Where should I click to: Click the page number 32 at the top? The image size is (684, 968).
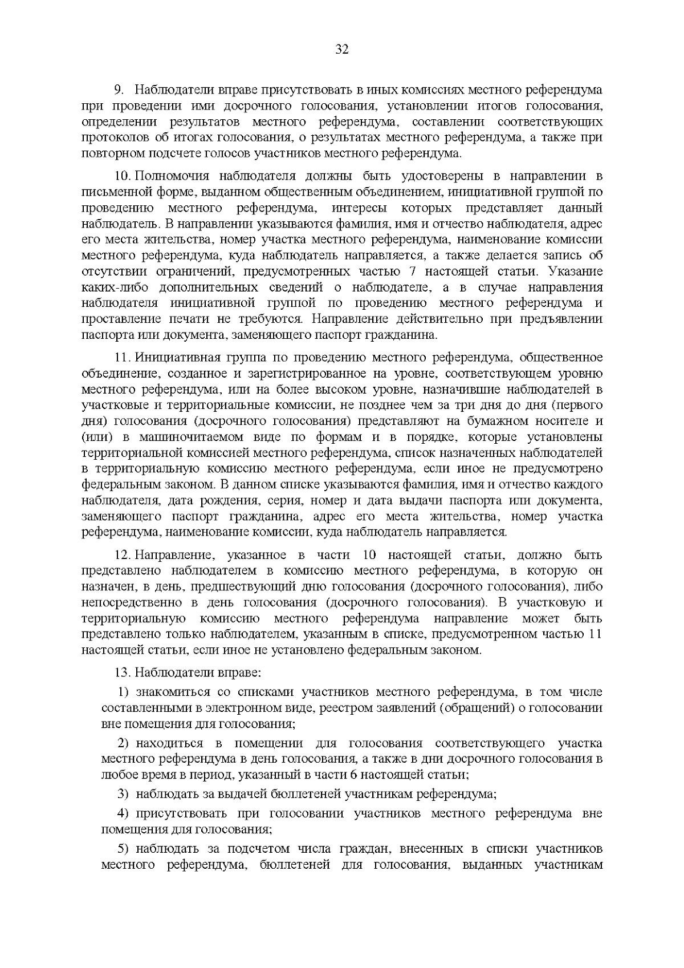(x=342, y=49)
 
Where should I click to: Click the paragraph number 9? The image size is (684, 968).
(x=119, y=90)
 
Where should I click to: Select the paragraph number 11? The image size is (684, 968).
(x=123, y=358)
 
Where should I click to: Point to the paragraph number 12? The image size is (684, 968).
(x=123, y=555)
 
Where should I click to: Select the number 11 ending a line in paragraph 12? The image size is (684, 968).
(x=595, y=634)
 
